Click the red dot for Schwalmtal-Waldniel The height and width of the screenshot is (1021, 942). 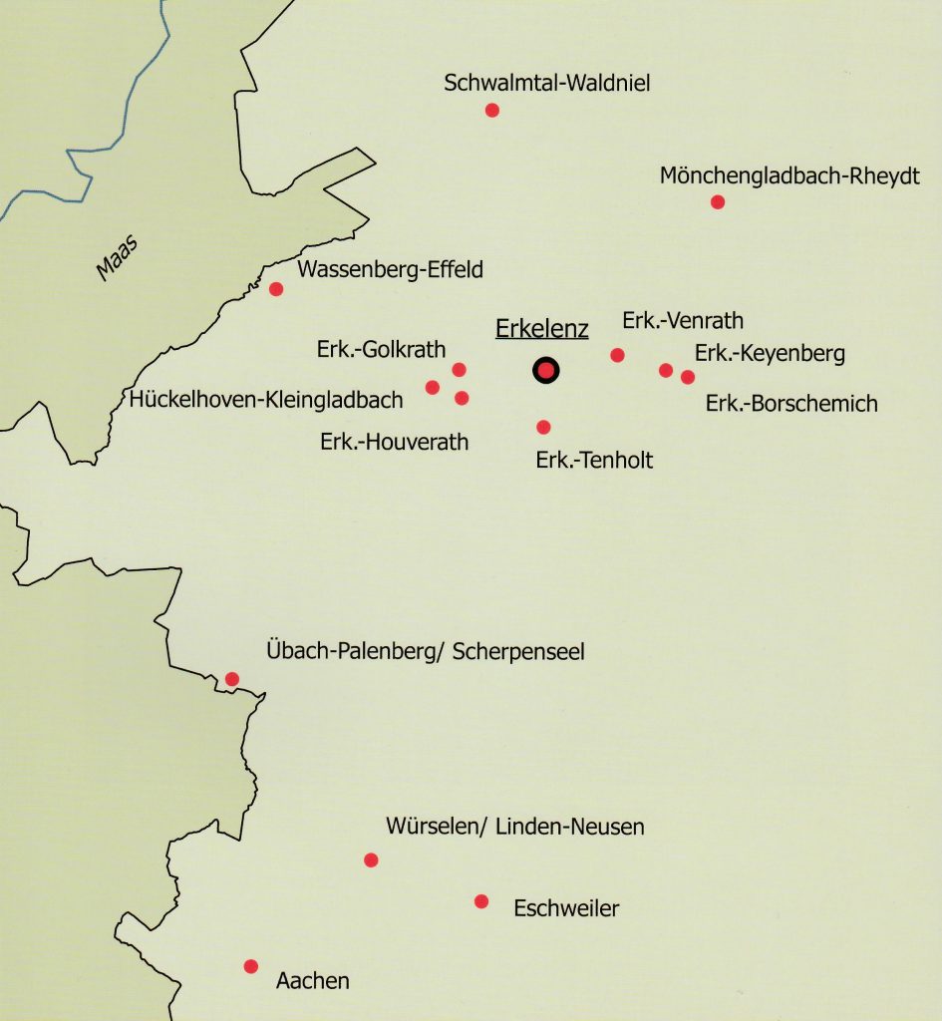point(491,110)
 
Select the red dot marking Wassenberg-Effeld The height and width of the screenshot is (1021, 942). point(276,289)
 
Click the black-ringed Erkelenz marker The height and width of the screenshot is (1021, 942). point(545,371)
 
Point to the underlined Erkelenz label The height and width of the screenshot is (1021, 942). point(542,330)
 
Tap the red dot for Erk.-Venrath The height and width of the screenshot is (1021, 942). point(617,355)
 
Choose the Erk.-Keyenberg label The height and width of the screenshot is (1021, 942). point(770,353)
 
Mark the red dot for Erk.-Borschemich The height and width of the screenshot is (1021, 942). point(687,377)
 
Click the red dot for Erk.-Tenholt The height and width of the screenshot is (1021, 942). point(543,427)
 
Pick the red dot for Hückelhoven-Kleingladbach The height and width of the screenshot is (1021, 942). point(432,387)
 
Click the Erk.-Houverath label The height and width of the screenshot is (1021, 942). point(395,441)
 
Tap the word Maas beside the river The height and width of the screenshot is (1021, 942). point(116,257)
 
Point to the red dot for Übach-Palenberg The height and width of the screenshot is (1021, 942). point(232,679)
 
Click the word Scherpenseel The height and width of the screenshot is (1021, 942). point(518,652)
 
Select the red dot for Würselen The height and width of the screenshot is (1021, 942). point(371,859)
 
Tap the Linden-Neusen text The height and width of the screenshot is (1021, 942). point(570,827)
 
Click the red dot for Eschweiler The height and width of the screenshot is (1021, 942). point(481,901)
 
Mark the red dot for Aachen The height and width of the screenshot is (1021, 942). point(251,966)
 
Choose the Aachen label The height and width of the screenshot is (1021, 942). point(312,980)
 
